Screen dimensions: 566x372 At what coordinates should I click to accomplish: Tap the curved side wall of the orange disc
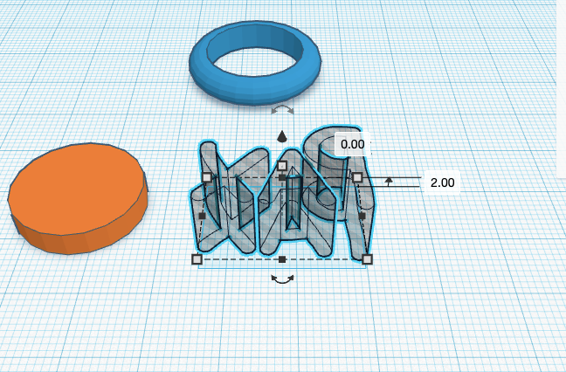pyautogui.click(x=83, y=241)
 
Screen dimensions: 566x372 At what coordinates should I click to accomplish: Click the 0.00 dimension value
pyautogui.click(x=352, y=144)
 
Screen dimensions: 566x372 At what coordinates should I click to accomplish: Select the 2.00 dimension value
pyautogui.click(x=442, y=183)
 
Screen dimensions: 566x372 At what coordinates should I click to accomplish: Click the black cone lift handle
pyautogui.click(x=282, y=137)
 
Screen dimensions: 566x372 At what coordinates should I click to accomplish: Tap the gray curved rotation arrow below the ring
pyautogui.click(x=282, y=110)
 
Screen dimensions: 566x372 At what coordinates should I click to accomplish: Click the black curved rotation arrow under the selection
pyautogui.click(x=282, y=279)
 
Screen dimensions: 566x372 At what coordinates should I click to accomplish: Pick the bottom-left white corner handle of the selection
pyautogui.click(x=197, y=259)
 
